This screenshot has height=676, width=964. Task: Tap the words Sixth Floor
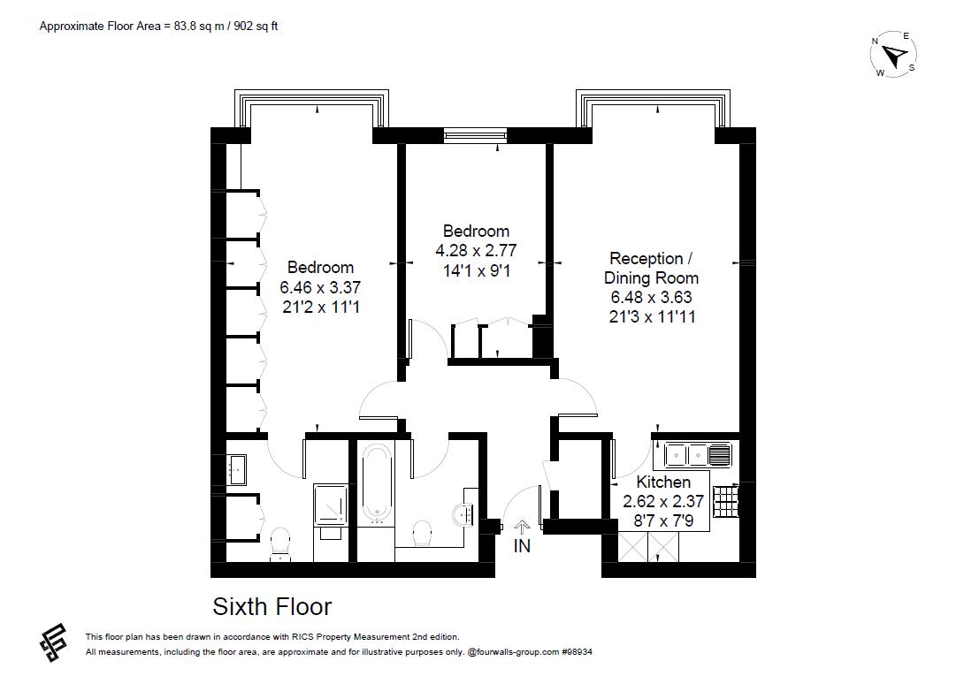coord(272,607)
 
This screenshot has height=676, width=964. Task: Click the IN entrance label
coord(523,546)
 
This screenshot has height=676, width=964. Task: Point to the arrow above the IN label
coord(523,527)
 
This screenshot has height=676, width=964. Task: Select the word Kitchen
coord(663,482)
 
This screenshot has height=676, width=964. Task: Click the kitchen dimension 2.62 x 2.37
coord(663,501)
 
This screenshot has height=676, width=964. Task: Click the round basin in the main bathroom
coord(463,512)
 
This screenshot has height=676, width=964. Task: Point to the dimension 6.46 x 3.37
coord(320,287)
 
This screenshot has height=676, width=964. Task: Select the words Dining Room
coord(653,278)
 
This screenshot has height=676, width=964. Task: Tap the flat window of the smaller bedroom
coord(476,135)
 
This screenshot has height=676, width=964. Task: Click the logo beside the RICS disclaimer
coord(54,642)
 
